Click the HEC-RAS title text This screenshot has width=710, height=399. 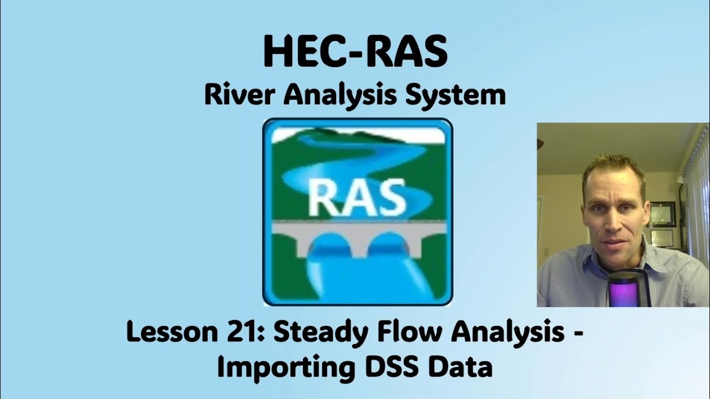pyautogui.click(x=355, y=51)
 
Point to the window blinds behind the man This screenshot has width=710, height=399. pyautogui.click(x=696, y=194)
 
